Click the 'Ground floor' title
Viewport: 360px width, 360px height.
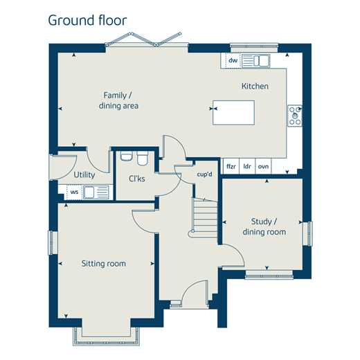click(87, 21)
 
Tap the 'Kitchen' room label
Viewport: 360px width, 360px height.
click(255, 86)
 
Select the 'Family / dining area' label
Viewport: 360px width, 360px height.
click(118, 100)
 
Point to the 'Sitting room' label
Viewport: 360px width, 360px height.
click(104, 263)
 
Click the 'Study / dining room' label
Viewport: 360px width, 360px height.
click(264, 226)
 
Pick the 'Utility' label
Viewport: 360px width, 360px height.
click(84, 174)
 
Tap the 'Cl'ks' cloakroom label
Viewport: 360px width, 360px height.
click(137, 179)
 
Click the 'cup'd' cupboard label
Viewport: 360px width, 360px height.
click(204, 174)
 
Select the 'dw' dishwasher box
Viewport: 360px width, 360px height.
click(233, 60)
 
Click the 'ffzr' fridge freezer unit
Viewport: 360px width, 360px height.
click(231, 166)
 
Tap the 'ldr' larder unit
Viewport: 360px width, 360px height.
click(247, 166)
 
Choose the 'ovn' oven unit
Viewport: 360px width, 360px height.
click(263, 166)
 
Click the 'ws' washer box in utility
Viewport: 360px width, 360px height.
click(74, 192)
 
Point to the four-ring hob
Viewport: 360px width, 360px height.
click(295, 116)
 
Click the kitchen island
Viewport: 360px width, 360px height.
click(233, 113)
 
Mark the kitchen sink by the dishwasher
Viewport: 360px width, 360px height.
click(255, 60)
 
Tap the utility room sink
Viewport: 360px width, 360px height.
click(96, 192)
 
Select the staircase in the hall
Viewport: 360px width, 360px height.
click(204, 217)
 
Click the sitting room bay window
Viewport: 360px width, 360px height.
click(106, 336)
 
